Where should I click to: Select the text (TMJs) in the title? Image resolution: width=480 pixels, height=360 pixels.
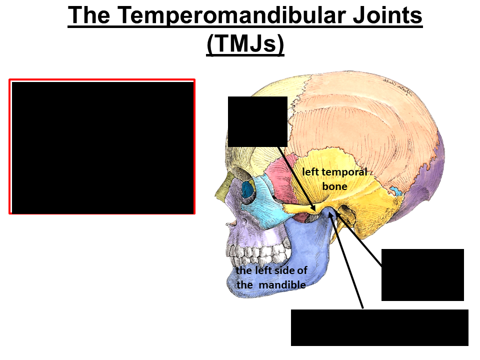[245, 44]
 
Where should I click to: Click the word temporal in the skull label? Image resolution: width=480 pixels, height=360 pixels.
[345, 172]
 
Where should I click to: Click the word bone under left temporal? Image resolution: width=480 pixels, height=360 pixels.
[334, 186]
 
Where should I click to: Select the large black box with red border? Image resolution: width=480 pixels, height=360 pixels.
[102, 146]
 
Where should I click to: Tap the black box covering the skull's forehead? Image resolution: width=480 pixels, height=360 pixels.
[257, 121]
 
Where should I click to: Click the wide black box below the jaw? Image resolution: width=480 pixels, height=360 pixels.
[379, 327]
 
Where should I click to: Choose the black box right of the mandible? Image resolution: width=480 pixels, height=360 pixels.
[422, 274]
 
